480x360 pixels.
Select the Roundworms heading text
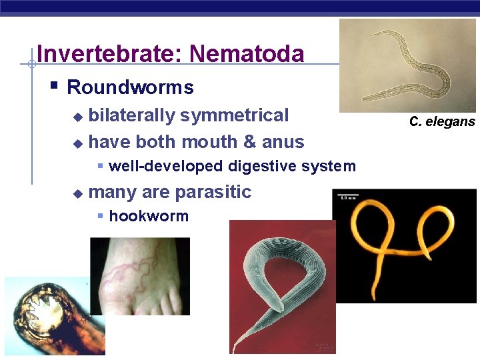tap(130, 87)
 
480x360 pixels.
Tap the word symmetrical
tap(234, 115)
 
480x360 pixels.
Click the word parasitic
tap(213, 192)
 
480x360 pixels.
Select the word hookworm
tap(149, 216)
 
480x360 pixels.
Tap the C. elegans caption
tap(442, 121)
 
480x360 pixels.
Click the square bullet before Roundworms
tap(55, 87)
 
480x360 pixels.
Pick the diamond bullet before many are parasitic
tap(78, 193)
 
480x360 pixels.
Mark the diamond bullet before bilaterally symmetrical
tap(78, 117)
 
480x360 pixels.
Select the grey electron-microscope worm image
tap(282, 287)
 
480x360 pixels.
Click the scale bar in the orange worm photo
tap(347, 197)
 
